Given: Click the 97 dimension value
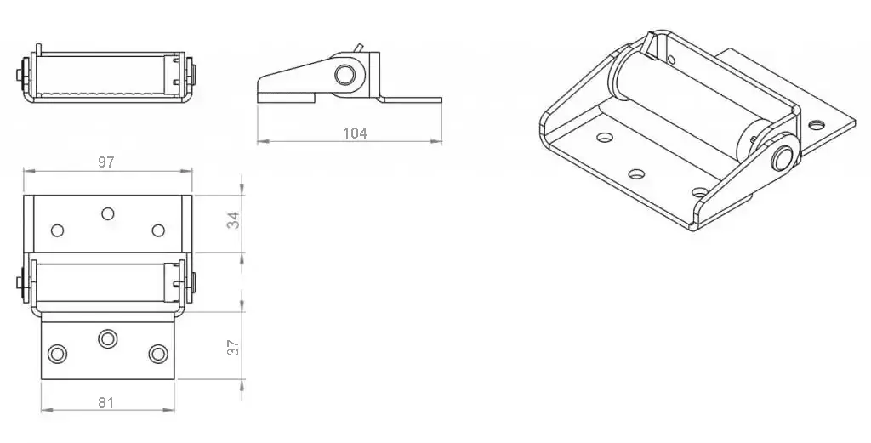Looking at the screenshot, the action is click(106, 162).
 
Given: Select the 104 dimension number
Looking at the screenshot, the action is click(355, 133).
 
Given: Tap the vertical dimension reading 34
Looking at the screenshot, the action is click(234, 220).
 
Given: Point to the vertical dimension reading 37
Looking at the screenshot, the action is click(234, 348).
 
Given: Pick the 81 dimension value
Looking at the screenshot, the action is click(105, 402).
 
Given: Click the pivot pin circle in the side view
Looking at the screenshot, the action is click(344, 73).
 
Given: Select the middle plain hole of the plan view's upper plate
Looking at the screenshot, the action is click(108, 213).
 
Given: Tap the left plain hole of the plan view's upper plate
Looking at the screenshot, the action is click(57, 230).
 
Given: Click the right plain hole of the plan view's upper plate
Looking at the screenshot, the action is click(158, 230).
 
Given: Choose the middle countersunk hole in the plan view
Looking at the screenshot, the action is click(108, 338).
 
